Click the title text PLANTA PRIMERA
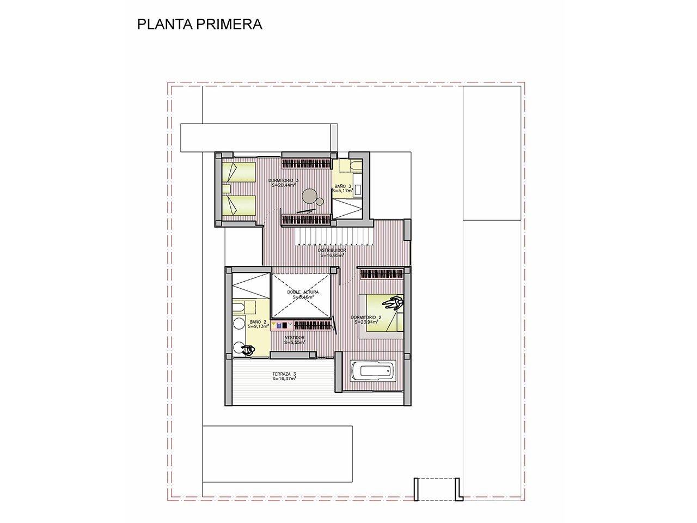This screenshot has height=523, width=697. click(x=199, y=25)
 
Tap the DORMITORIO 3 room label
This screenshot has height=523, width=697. click(x=283, y=180)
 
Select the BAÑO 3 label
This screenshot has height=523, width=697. click(x=343, y=186)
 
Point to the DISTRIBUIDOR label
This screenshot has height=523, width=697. click(x=332, y=251)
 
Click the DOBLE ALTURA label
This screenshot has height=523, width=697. click(x=303, y=292)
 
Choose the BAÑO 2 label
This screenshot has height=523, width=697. click(x=258, y=322)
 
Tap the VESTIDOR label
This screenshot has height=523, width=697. click(x=295, y=338)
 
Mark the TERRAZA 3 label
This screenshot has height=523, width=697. click(x=284, y=374)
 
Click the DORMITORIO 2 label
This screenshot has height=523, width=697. click(x=366, y=317)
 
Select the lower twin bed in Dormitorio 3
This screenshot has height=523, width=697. click(x=239, y=205)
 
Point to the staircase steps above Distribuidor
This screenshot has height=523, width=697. click(x=332, y=237)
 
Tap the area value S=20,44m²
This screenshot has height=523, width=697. click(x=283, y=185)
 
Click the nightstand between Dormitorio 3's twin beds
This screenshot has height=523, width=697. click(x=227, y=188)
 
